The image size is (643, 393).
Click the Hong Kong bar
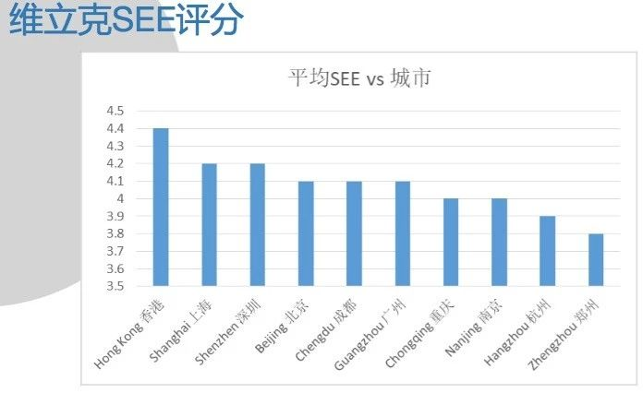(161, 208)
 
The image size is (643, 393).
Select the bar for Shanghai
(209, 225)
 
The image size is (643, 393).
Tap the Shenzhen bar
(258, 225)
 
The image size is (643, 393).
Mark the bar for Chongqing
(451, 243)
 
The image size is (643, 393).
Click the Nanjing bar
(499, 243)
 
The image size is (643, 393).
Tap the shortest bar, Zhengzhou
(596, 260)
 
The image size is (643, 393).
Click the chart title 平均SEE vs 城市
(360, 78)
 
